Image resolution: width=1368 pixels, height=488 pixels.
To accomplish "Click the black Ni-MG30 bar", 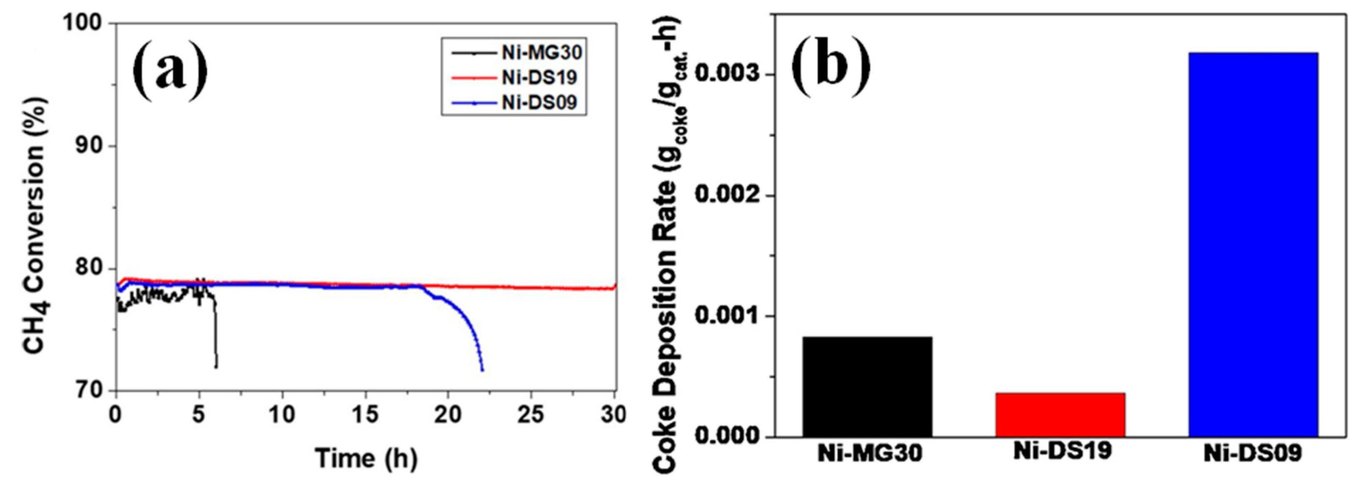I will click(867, 387).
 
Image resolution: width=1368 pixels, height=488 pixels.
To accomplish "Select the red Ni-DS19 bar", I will click(1060, 415).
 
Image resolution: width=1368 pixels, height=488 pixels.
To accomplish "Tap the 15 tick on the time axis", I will click(364, 415).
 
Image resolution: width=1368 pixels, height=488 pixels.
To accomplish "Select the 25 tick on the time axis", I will click(531, 415).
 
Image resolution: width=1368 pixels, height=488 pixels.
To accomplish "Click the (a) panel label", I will click(170, 69).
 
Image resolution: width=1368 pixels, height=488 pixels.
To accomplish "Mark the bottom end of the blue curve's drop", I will click(482, 370).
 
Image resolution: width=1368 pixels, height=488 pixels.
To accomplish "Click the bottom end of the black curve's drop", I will click(216, 366).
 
